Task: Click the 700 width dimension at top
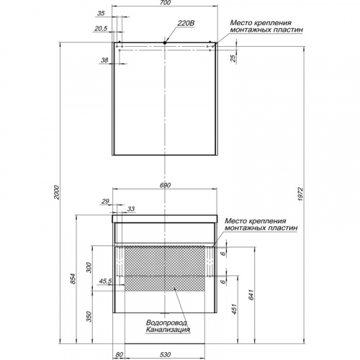165,3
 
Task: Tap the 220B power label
186,23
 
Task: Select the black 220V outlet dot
165,42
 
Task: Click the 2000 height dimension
56,192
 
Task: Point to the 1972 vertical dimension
301,194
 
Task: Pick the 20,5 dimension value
101,29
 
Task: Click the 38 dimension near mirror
104,60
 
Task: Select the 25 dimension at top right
233,58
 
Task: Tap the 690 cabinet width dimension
166,185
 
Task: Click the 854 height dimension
73,279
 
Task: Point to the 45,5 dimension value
105,281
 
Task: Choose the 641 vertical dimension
251,294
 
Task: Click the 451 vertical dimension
235,309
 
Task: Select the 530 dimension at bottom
165,354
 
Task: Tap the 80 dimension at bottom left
120,354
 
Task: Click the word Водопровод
166,323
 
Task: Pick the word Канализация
168,330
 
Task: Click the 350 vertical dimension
89,317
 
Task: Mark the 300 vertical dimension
89,267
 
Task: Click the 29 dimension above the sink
105,202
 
